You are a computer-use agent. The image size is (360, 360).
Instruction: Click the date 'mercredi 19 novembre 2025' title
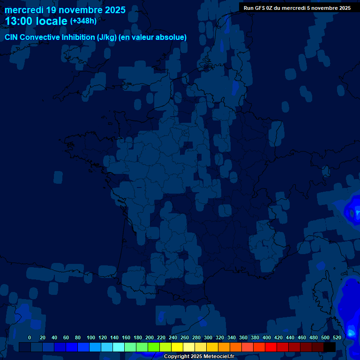[x=65, y=10]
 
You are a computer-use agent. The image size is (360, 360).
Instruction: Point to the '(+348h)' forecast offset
[x=83, y=21]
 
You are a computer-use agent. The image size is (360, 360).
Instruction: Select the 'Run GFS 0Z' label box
[x=297, y=7]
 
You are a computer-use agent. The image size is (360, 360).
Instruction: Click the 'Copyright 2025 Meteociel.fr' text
[x=199, y=356]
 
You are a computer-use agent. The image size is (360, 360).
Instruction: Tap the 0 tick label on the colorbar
[x=30, y=337]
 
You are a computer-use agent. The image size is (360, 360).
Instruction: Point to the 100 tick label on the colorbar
[x=91, y=337]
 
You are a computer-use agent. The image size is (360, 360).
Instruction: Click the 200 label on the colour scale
[x=150, y=337]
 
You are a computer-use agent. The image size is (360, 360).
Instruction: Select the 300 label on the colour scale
[x=208, y=337]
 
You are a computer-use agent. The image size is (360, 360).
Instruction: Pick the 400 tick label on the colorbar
[x=267, y=337]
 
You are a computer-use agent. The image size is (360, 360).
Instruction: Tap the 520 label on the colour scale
[x=337, y=337]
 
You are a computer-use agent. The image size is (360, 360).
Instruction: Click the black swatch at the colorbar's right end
[x=330, y=347]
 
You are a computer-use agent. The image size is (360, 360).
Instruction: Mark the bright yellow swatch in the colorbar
[x=177, y=347]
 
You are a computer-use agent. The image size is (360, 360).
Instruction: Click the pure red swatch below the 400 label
[x=271, y=347]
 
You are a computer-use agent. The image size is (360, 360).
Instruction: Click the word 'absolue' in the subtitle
[x=171, y=37]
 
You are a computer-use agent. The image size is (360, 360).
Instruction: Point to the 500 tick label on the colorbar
[x=325, y=337]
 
